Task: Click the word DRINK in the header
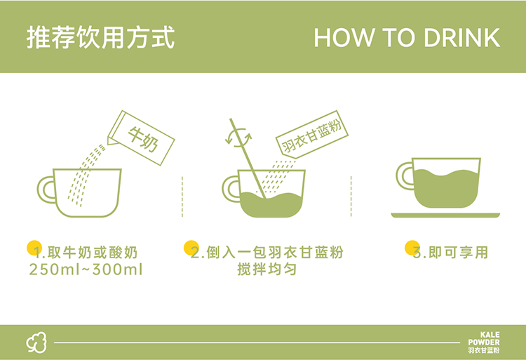coord(462,38)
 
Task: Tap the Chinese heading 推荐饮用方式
coord(100,37)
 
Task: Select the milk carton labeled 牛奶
coord(141,138)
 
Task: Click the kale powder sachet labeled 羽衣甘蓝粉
coord(312,135)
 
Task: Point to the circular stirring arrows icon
coord(238,138)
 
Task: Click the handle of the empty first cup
coord(46,189)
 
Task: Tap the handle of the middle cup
coord(231,189)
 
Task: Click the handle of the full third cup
coord(405,176)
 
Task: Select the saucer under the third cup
coord(445,215)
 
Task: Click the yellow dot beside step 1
coord(34,248)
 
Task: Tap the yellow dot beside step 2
coord(191,248)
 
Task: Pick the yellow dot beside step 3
coord(412,248)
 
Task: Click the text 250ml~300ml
coord(86,269)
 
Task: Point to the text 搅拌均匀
coord(267,269)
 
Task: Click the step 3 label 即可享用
coord(458,253)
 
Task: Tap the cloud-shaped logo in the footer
coord(36,342)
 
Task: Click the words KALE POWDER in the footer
coord(484,338)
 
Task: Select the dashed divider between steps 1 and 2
coord(182,196)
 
